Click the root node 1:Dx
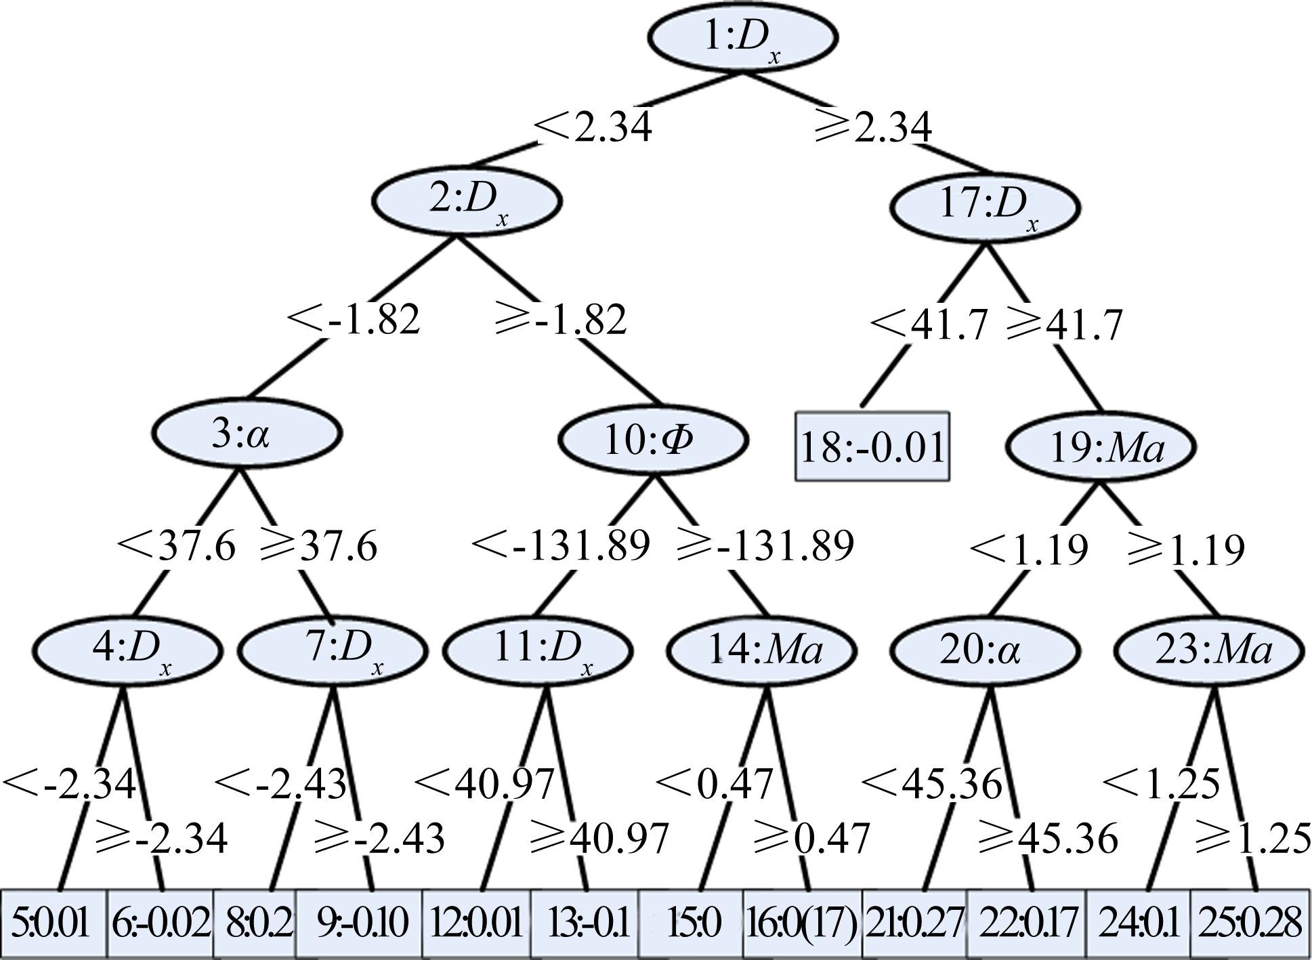[742, 38]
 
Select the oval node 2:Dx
[467, 201]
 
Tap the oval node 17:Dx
[983, 207]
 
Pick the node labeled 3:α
[247, 434]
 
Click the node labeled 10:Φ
[653, 440]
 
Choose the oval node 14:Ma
[762, 650]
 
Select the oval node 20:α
[983, 650]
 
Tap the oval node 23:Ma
[1210, 650]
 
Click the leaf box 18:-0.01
[872, 447]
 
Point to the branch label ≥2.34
[872, 127]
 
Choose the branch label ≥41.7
[1065, 325]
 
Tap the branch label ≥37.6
[318, 546]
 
